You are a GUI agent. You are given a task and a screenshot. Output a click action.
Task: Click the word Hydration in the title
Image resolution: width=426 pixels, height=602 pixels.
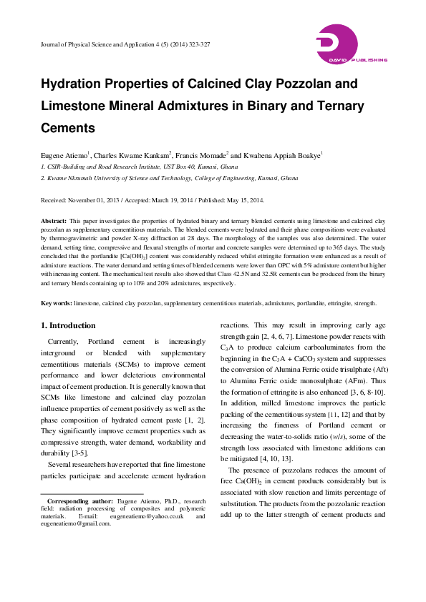[x=75, y=84]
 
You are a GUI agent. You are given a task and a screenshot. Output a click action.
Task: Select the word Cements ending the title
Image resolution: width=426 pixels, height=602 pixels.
[x=68, y=129]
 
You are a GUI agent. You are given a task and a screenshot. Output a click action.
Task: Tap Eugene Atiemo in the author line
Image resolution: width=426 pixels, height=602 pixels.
[x=64, y=154]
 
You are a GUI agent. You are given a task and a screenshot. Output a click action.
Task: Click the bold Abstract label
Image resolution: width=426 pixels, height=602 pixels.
[x=54, y=222]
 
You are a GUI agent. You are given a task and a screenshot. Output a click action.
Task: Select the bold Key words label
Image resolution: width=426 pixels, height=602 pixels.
[x=56, y=304]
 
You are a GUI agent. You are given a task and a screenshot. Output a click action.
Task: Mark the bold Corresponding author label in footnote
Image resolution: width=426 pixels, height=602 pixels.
[x=76, y=502]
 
